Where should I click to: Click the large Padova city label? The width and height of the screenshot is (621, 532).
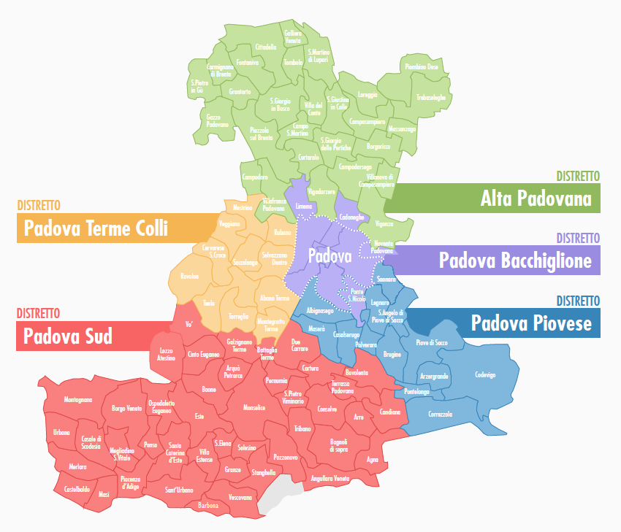330,256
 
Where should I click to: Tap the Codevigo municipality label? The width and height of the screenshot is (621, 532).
485,374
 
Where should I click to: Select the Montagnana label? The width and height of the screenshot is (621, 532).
78,400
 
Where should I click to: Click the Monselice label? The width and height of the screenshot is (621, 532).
254,407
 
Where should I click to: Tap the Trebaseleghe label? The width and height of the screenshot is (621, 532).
431,96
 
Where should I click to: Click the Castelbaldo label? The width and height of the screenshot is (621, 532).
77,488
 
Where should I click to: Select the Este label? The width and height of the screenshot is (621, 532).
199,416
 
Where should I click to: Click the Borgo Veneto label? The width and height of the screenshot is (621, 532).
126,409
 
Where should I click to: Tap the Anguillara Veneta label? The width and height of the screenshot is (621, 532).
330,478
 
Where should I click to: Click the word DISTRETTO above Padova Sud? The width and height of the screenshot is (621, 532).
38,313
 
